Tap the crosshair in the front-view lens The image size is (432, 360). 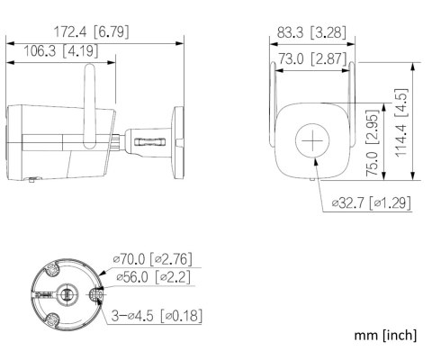[312, 140]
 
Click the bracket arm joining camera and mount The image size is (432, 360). [144, 139]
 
